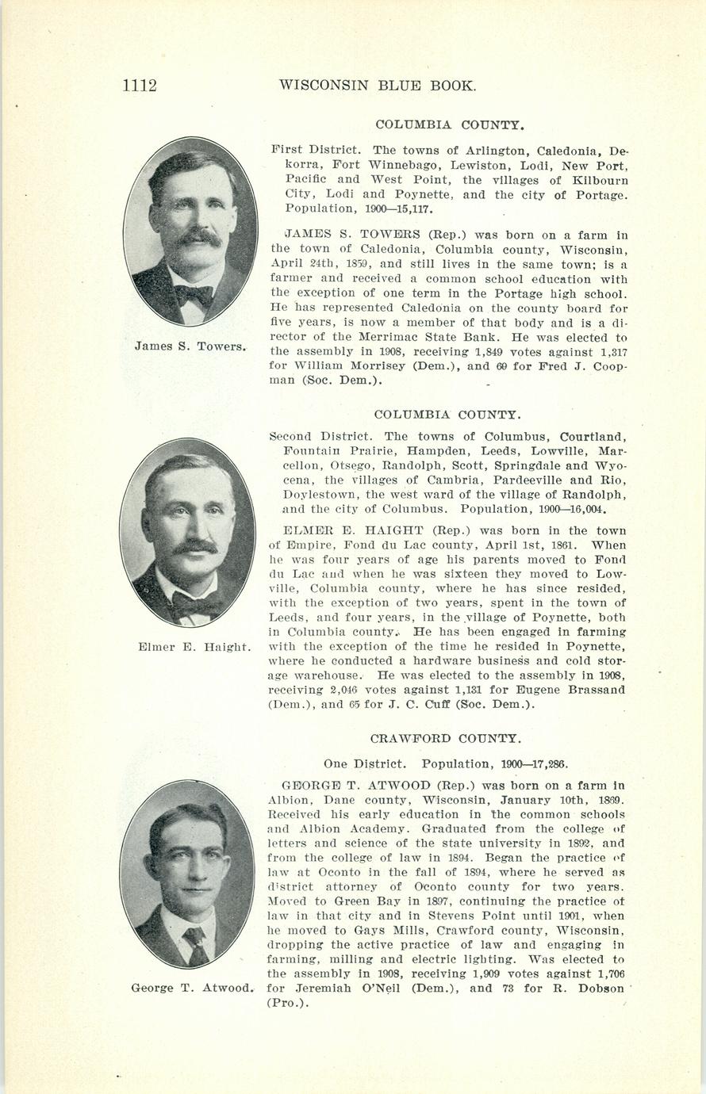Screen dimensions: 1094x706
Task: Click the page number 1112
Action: click(x=140, y=85)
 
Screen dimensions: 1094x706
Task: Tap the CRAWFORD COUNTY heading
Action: click(x=446, y=738)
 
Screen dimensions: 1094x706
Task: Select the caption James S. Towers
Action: click(x=190, y=346)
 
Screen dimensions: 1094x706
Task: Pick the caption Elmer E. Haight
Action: click(x=194, y=647)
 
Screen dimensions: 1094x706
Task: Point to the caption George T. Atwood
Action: click(x=193, y=988)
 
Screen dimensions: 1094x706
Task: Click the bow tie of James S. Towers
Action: click(x=194, y=294)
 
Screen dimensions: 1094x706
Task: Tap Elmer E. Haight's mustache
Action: click(x=194, y=547)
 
